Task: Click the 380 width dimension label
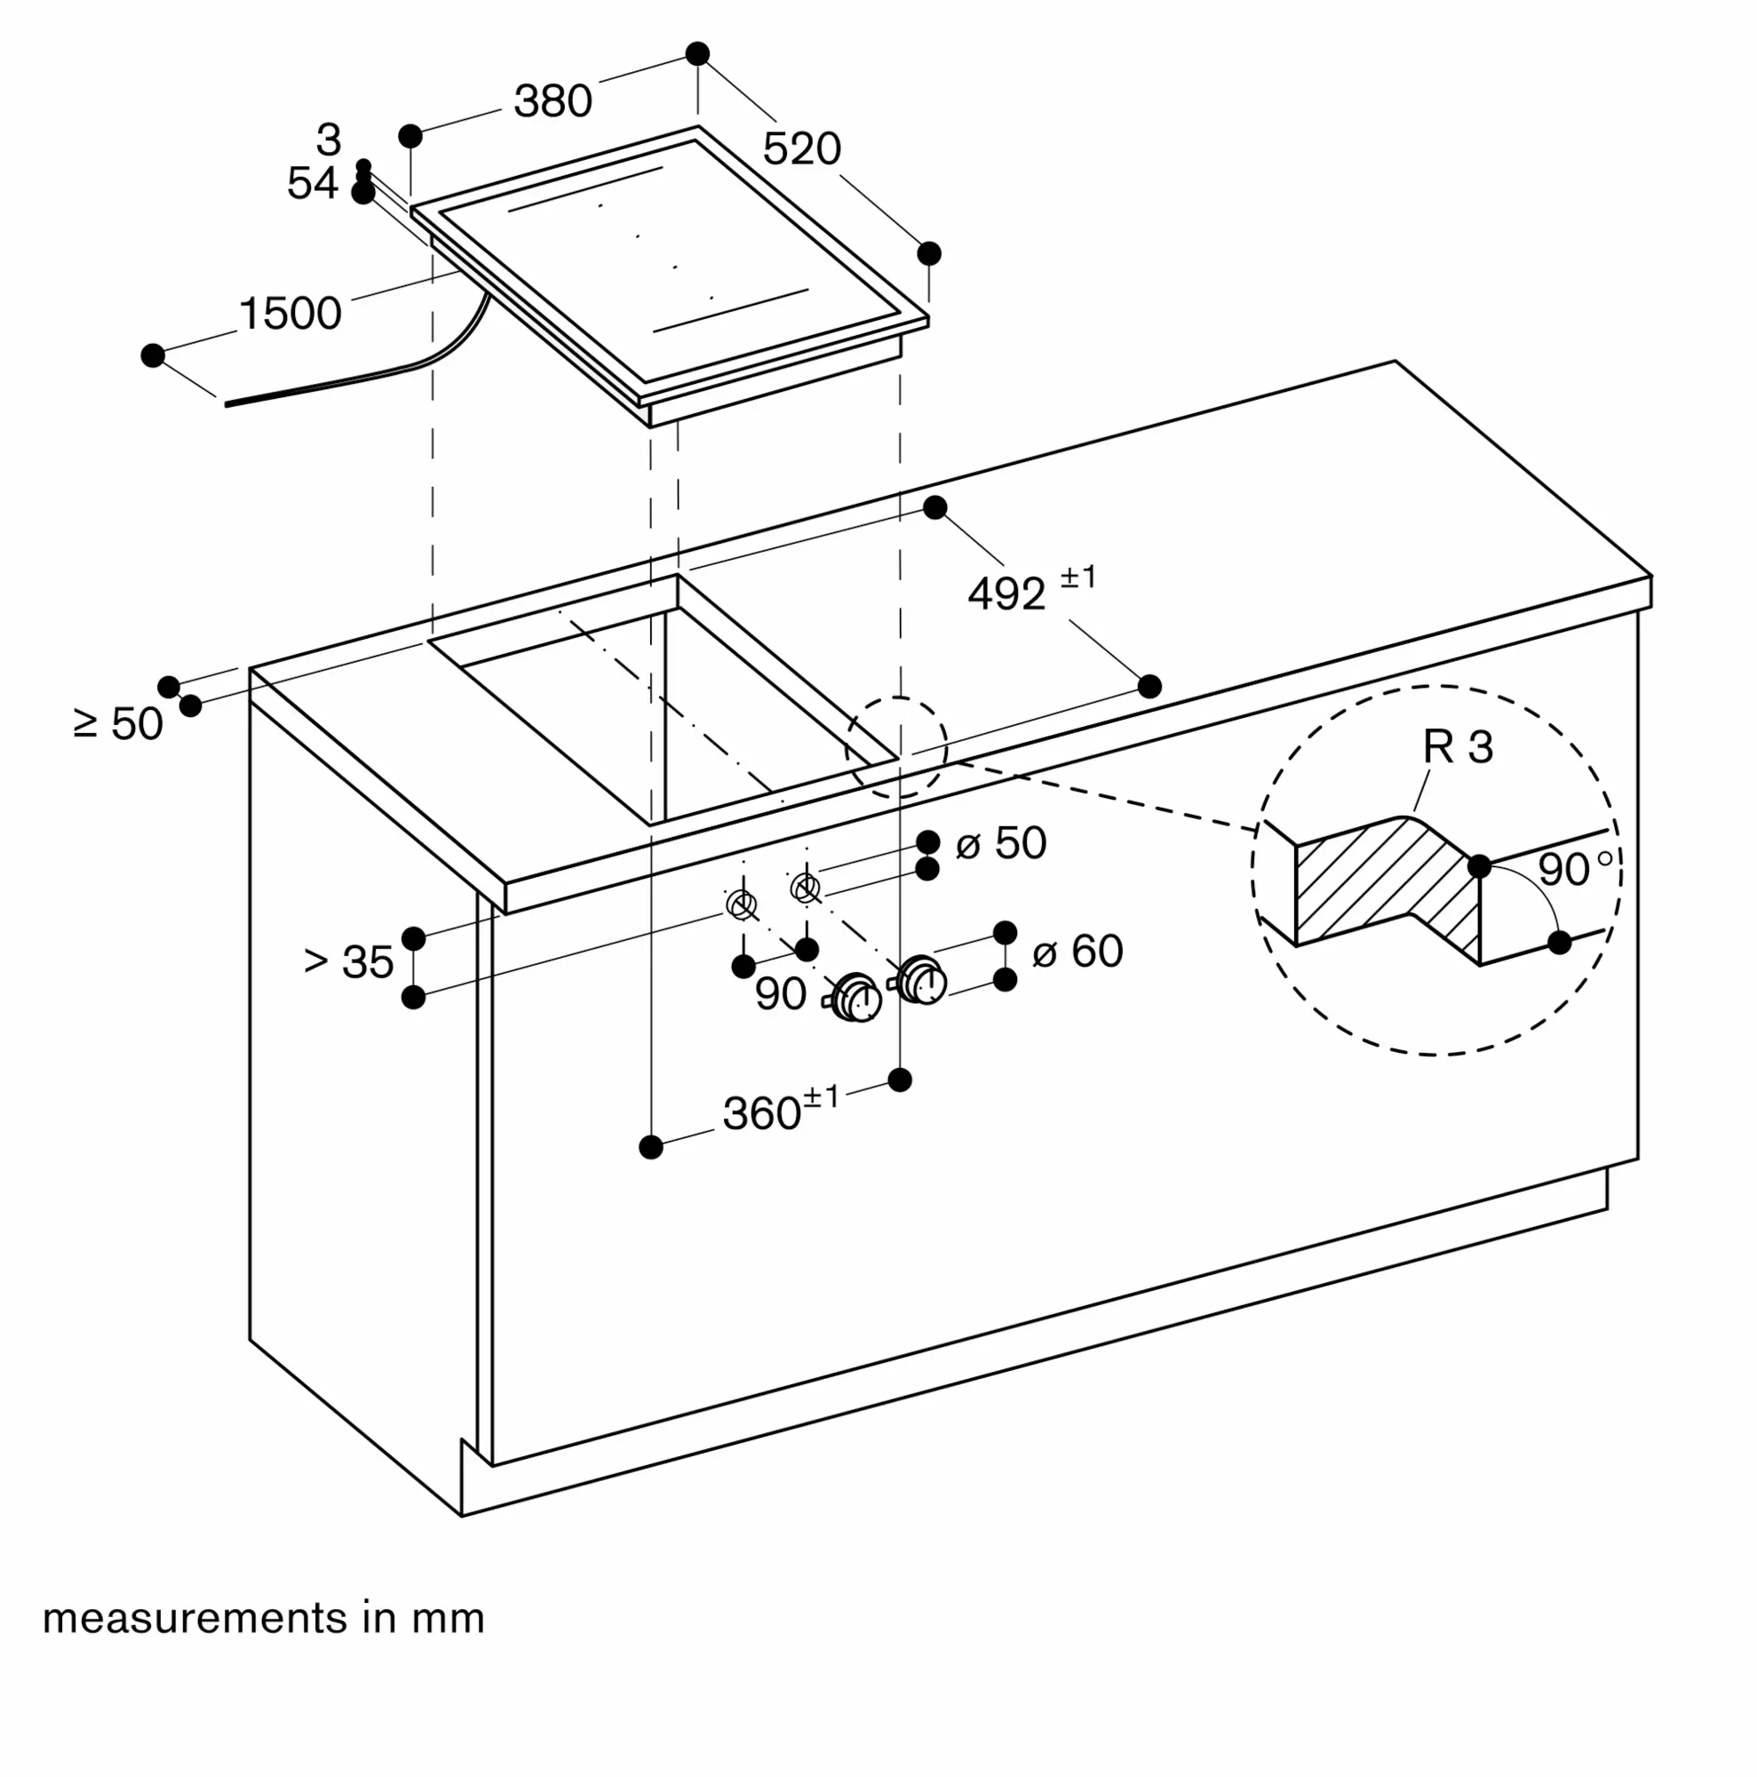(x=553, y=101)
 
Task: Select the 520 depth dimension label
(x=802, y=149)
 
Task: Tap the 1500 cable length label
(x=290, y=314)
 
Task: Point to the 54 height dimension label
(x=313, y=183)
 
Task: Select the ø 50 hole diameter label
(x=1000, y=842)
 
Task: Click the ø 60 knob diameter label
(x=1077, y=950)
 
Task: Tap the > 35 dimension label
(x=348, y=962)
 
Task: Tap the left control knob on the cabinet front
(x=856, y=998)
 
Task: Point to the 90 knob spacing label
(x=781, y=993)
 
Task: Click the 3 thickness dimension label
(x=329, y=139)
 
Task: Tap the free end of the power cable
(x=227, y=403)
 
